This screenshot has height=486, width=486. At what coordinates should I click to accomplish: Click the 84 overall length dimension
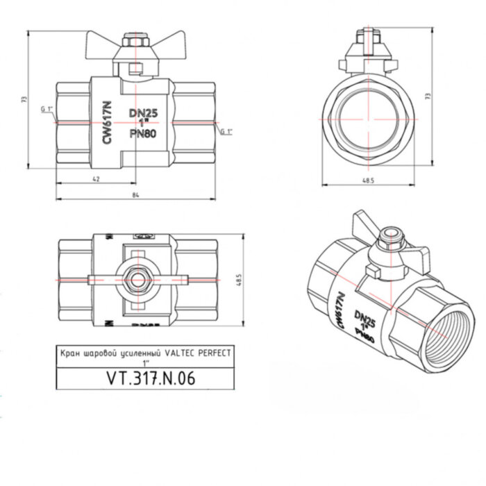tap(135, 194)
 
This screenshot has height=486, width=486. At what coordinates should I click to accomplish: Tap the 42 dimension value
tap(97, 179)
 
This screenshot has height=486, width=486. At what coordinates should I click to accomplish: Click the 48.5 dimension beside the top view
tap(239, 280)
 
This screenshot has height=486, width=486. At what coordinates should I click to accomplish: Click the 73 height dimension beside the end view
tap(428, 95)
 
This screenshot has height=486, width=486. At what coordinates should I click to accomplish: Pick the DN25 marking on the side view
tap(142, 112)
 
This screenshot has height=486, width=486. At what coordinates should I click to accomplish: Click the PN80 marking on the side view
tap(142, 134)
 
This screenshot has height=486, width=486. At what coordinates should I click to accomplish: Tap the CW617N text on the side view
tap(107, 122)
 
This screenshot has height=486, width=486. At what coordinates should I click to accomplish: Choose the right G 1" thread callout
tap(226, 132)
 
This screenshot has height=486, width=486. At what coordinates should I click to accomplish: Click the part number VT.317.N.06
tap(151, 378)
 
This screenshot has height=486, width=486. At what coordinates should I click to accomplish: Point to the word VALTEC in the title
tap(165, 353)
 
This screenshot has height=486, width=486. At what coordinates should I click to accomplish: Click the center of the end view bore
tap(368, 118)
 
